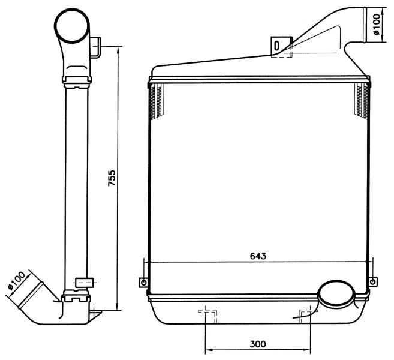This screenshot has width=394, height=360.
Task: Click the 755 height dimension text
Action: pos(112,178)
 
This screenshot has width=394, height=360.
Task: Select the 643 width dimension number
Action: pos(258,255)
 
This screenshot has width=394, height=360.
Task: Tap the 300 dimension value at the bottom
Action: pos(258,344)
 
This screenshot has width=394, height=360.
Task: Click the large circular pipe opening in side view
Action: pos(73,26)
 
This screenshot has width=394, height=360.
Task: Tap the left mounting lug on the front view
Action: pos(143,282)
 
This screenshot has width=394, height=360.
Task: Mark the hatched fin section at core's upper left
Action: pos(158,100)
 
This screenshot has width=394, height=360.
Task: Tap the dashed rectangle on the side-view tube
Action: pos(84,281)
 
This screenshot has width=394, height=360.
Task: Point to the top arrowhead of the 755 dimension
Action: pos(118,49)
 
